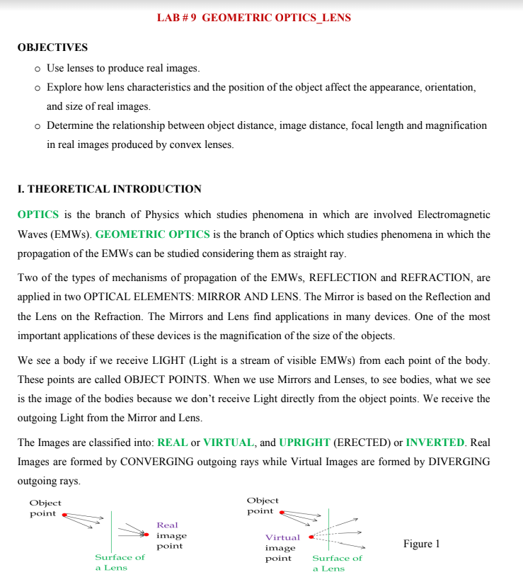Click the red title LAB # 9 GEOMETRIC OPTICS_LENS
pos(253,18)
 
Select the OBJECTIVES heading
pos(52,47)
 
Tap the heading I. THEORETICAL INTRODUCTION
pos(109,189)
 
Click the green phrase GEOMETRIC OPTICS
pos(152,234)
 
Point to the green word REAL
pos(172,443)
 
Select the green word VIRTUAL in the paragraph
pos(229,443)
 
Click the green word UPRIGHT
pos(304,443)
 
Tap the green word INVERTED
pos(435,443)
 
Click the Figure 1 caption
pos(421,544)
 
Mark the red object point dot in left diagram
pos(64,515)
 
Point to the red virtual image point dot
pos(311,537)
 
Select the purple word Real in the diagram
pos(167,525)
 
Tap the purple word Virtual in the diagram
pos(282,537)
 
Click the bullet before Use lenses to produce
pos(37,69)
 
